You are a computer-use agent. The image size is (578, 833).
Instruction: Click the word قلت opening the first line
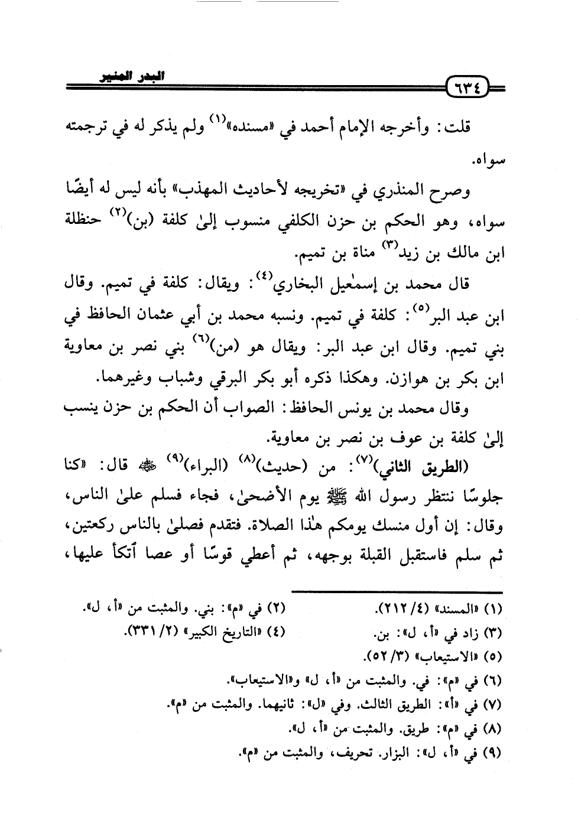[459, 128]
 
